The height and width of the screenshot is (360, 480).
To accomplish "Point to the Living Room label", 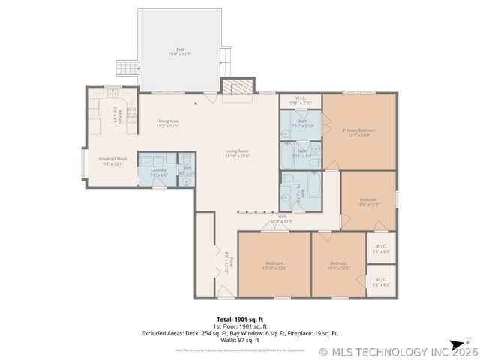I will (x=238, y=154).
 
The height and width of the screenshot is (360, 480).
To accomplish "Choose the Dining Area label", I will (x=167, y=124).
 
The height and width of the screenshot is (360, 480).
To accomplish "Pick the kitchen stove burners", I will (x=131, y=112).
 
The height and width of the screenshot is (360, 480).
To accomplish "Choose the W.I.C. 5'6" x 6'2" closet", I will (x=381, y=281).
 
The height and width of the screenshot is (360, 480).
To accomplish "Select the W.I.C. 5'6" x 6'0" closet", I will (x=381, y=248).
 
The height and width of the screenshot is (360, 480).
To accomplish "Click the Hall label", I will (x=281, y=219).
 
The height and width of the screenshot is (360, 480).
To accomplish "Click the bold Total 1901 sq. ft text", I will (x=240, y=319).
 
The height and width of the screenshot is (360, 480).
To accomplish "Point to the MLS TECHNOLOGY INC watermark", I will (x=397, y=351).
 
